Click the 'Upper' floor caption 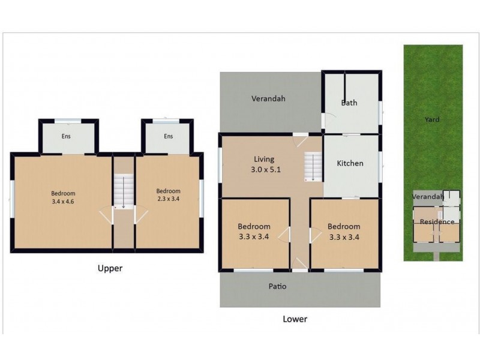110,269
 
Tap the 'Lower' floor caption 295,319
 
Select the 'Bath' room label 349,103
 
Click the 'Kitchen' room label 350,163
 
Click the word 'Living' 264,159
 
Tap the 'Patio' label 277,287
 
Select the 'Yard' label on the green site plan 432,120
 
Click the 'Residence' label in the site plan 437,221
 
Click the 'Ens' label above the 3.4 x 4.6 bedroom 66,136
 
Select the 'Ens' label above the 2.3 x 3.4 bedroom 168,136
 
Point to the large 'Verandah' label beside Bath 268,98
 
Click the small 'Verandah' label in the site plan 428,196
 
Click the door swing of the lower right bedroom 314,234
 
